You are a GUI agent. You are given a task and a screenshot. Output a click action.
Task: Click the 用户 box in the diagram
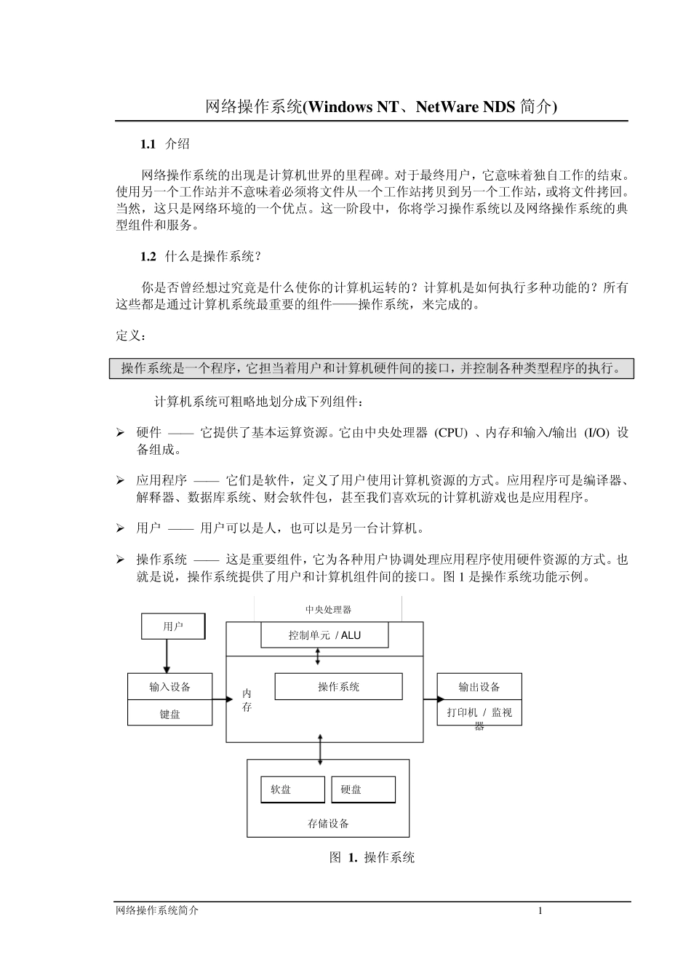[x=173, y=626]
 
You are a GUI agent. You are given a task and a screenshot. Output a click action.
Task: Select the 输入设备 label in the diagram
[x=170, y=687]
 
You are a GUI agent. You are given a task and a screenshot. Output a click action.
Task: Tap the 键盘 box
[x=170, y=714]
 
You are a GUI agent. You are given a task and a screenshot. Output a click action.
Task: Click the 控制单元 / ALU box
[x=324, y=635]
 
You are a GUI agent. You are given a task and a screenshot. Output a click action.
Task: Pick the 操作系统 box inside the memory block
[x=338, y=686]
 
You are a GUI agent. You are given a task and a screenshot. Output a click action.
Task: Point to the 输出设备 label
[x=479, y=687]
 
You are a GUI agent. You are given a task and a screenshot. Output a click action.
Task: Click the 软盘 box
[x=292, y=790]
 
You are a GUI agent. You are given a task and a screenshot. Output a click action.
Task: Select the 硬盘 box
[x=363, y=790]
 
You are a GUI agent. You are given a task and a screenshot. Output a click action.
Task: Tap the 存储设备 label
[x=328, y=824]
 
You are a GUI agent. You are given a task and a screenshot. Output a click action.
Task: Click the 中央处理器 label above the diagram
[x=328, y=609]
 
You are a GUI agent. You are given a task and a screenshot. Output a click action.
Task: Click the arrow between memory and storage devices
[x=320, y=750]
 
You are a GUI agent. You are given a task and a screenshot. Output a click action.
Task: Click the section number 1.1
[x=148, y=144]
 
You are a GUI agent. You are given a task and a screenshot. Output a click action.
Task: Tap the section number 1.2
[x=148, y=256]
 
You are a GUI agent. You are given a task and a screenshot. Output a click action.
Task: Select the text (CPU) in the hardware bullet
[x=451, y=432]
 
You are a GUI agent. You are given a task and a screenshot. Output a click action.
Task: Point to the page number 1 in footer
[x=540, y=910]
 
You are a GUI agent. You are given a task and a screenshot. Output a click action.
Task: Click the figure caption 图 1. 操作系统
[x=372, y=857]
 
